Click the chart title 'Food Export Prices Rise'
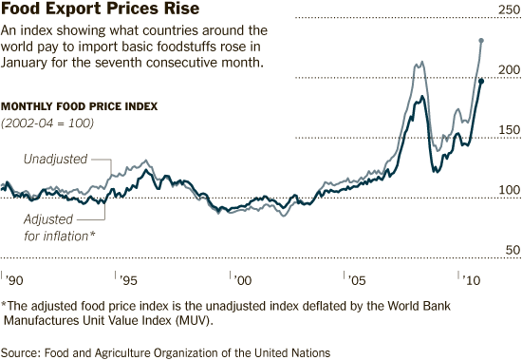(86, 10)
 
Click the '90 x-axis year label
(13, 281)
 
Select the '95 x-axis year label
(127, 281)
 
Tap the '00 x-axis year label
(241, 281)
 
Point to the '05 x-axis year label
(356, 281)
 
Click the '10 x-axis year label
(469, 281)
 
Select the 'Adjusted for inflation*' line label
(59, 227)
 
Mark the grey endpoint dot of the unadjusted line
(482, 40)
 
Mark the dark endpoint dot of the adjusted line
(482, 82)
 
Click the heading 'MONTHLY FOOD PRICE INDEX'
(80, 105)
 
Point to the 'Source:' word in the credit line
(23, 351)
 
